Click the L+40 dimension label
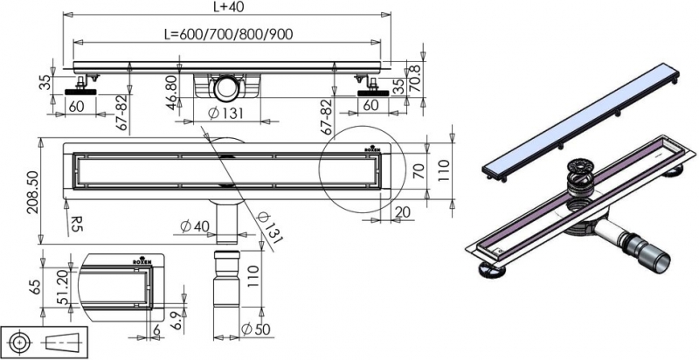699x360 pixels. click(x=230, y=7)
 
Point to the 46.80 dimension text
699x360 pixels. click(x=171, y=90)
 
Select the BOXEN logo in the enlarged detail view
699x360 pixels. click(x=142, y=261)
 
